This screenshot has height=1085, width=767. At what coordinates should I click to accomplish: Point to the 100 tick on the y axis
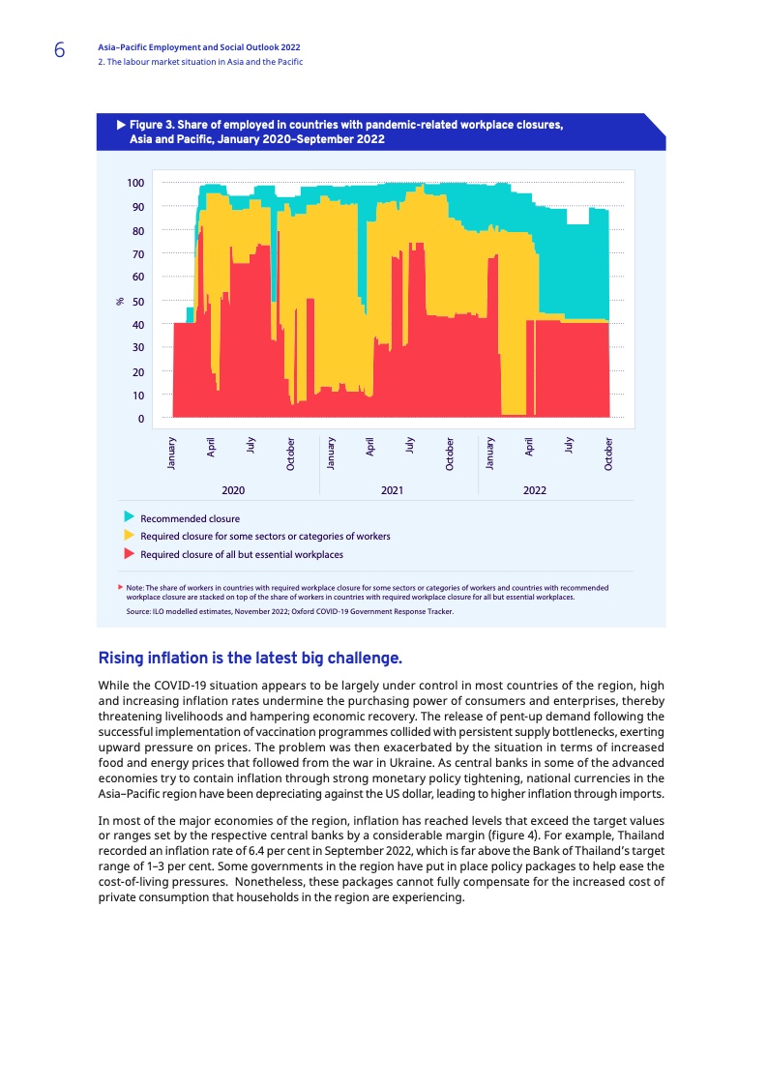pyautogui.click(x=135, y=184)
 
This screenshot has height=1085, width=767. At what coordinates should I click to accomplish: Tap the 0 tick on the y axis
pyautogui.click(x=140, y=420)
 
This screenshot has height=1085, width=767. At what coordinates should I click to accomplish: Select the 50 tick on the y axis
pyautogui.click(x=137, y=302)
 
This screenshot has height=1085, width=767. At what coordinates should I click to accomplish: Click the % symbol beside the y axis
pyautogui.click(x=120, y=302)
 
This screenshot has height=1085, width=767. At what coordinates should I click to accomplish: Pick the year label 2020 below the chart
pyautogui.click(x=232, y=490)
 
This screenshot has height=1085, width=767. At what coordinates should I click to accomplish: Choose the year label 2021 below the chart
pyautogui.click(x=392, y=490)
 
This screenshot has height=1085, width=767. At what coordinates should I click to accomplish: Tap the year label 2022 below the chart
pyautogui.click(x=535, y=490)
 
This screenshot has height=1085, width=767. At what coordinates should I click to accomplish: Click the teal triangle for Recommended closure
pyautogui.click(x=128, y=517)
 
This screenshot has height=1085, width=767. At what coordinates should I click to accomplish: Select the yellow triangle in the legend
pyautogui.click(x=128, y=535)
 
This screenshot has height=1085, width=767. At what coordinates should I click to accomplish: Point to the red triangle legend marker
pyautogui.click(x=128, y=554)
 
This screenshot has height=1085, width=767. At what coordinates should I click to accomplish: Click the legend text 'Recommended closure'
pyautogui.click(x=190, y=518)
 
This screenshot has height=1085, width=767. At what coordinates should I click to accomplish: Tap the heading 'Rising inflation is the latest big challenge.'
pyautogui.click(x=250, y=659)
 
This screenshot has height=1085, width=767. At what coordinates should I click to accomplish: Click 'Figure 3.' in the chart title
pyautogui.click(x=151, y=125)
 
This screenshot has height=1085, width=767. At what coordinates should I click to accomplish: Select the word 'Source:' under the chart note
pyautogui.click(x=136, y=611)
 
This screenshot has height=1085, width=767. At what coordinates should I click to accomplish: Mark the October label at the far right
pyautogui.click(x=608, y=455)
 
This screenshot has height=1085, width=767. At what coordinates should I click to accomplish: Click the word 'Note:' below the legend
pyautogui.click(x=134, y=587)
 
